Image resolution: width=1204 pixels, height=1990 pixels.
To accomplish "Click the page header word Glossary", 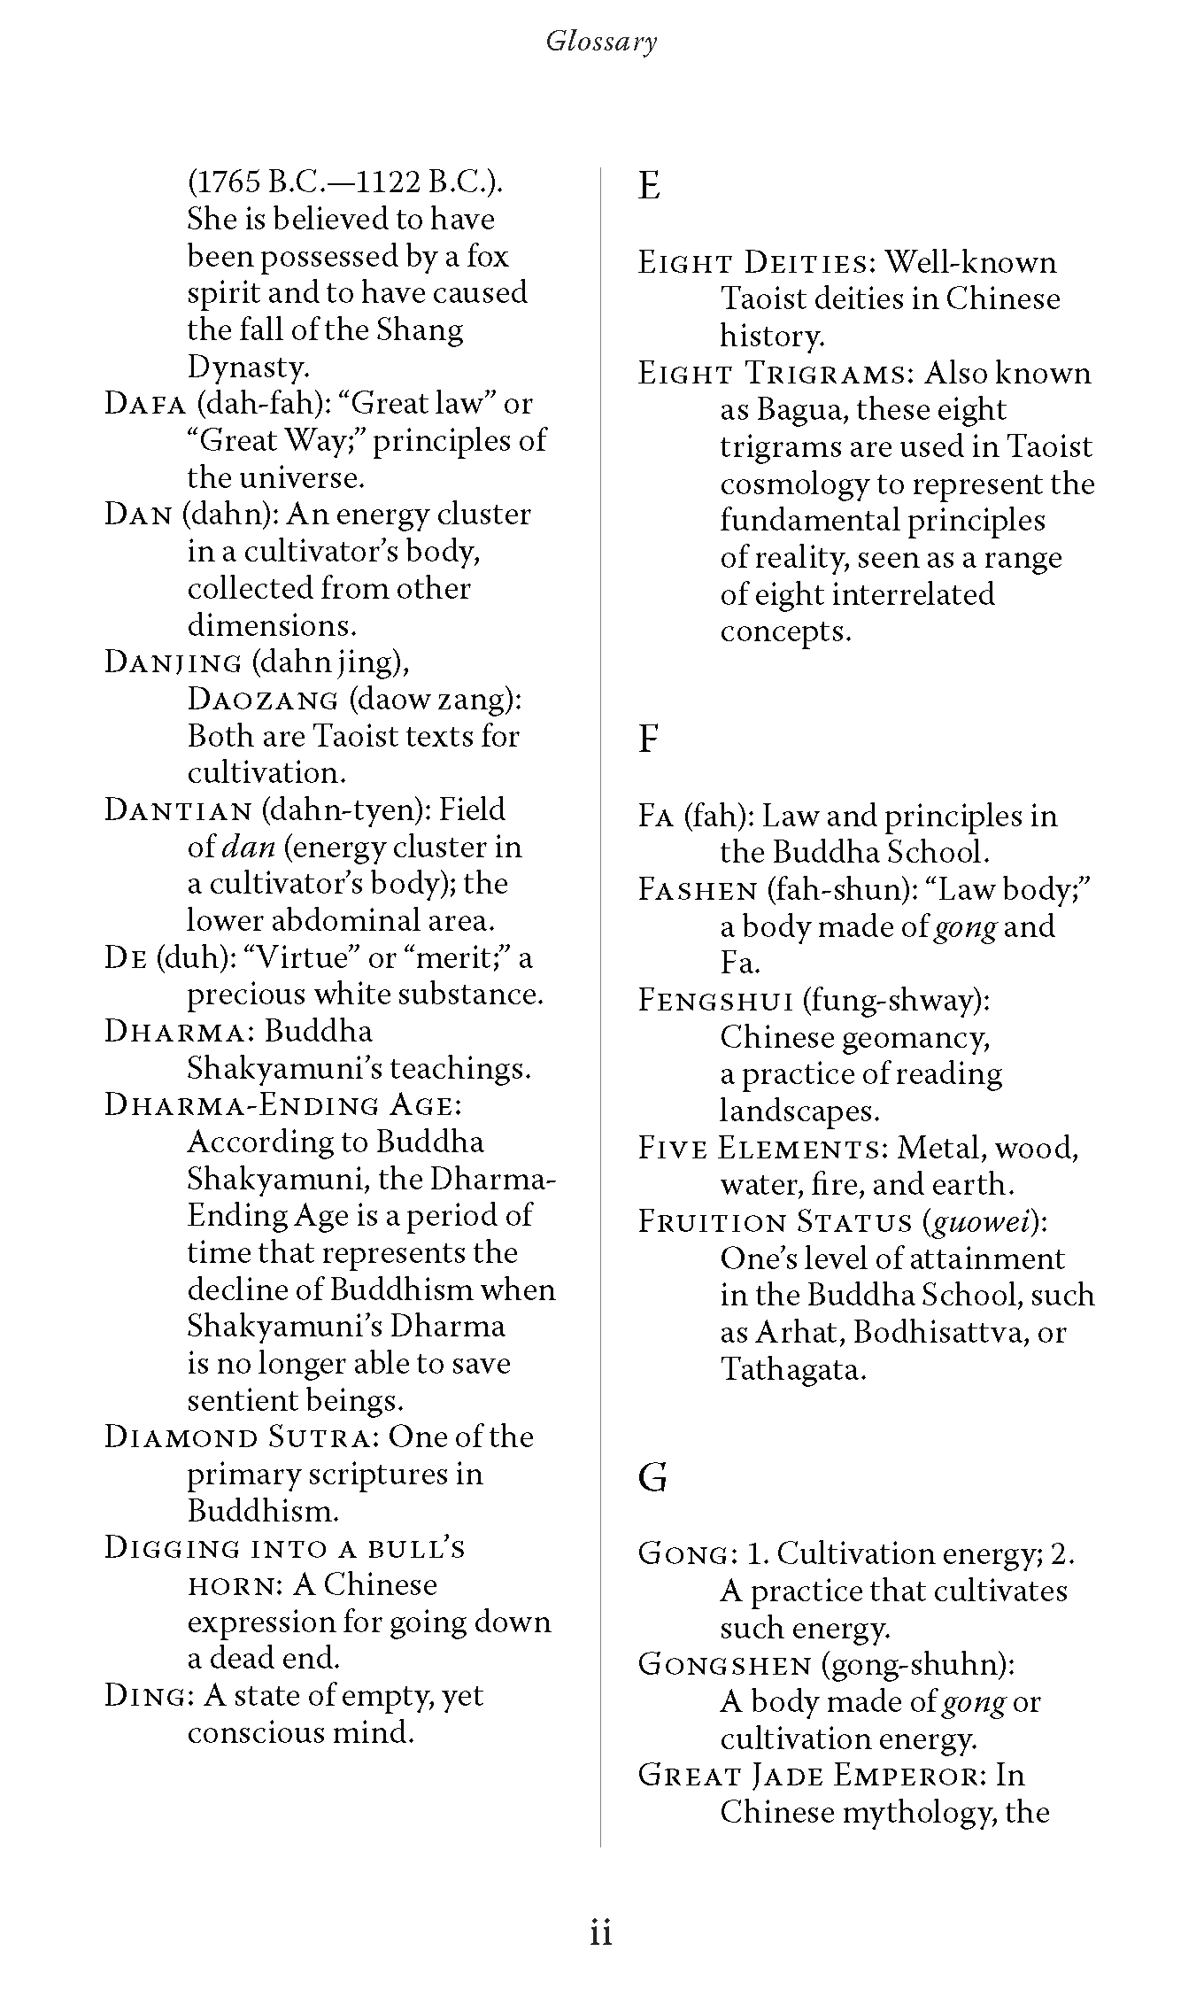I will pyautogui.click(x=601, y=42).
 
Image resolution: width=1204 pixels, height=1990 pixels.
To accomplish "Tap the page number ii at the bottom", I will pyautogui.click(x=601, y=1932).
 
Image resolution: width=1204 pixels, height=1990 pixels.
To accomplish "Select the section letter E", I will pyautogui.click(x=649, y=186).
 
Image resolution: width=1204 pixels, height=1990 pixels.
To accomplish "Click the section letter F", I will pyautogui.click(x=648, y=739).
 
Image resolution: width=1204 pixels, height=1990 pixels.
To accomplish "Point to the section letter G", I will pyautogui.click(x=652, y=1477).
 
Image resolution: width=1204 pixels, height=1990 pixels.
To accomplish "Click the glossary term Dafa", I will pyautogui.click(x=145, y=404).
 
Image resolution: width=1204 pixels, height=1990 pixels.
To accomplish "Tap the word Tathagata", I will pyautogui.click(x=791, y=1370).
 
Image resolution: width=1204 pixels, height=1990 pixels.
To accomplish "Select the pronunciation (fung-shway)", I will pyautogui.click(x=896, y=1001).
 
